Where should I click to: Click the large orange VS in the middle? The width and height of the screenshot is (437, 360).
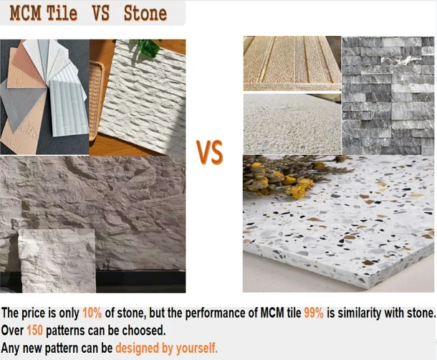(x=210, y=152)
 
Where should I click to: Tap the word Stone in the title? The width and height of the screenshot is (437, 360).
(x=145, y=13)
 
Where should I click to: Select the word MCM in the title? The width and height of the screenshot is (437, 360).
(x=24, y=13)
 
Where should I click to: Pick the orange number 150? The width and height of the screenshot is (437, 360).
(x=34, y=331)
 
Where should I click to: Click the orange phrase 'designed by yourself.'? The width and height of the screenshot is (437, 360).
(x=167, y=349)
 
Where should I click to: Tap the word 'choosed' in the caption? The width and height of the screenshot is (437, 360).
(x=145, y=331)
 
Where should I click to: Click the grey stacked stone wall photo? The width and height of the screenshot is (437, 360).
(x=388, y=95)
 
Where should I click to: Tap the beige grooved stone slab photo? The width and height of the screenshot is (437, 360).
(x=292, y=63)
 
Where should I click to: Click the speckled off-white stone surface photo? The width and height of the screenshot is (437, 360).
(x=292, y=123)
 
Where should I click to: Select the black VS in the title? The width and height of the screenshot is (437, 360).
(x=100, y=13)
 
